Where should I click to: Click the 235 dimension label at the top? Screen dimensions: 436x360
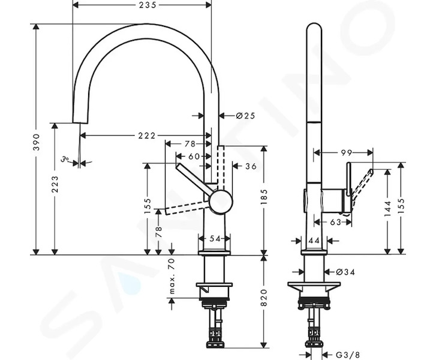point(148,5)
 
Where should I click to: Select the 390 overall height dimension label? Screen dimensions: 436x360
point(37,142)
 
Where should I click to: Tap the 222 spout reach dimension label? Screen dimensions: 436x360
point(147,136)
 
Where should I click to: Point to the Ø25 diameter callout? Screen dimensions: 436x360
point(245,115)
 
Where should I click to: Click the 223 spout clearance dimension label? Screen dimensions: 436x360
point(55,184)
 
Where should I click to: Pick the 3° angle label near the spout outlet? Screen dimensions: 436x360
point(65,159)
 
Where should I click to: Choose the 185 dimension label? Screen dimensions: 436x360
point(264,197)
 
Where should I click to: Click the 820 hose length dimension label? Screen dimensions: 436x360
point(264,298)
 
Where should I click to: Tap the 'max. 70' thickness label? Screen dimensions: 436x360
point(172,276)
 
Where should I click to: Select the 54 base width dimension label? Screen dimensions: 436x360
point(214,239)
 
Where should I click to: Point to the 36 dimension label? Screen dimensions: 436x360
point(251,166)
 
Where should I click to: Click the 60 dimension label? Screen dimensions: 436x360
point(194,157)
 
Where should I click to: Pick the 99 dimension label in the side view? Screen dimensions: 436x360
point(346,153)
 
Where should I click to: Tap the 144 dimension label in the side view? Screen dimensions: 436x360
point(387,208)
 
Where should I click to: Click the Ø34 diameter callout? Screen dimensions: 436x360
point(345,272)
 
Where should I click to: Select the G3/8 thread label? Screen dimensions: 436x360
point(348,355)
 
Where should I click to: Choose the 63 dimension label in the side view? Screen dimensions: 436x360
point(335,222)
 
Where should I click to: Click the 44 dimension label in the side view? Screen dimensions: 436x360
point(314,241)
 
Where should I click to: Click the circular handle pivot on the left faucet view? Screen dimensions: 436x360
point(221,202)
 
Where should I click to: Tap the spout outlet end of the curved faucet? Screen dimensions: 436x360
point(80,122)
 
